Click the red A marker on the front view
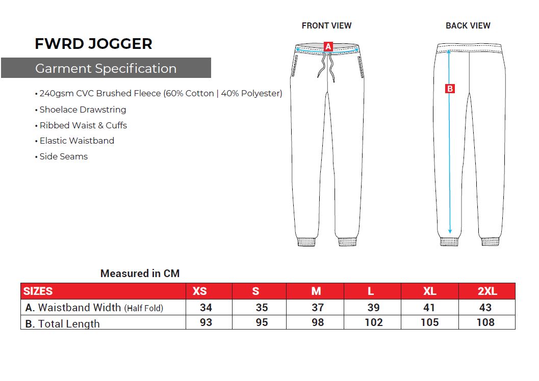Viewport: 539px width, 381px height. (x=328, y=47)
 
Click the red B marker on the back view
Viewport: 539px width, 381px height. (x=450, y=89)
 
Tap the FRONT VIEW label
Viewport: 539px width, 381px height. (x=326, y=26)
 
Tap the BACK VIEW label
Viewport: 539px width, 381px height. (x=468, y=26)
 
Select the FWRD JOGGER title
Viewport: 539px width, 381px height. (x=93, y=44)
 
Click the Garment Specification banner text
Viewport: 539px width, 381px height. (x=106, y=68)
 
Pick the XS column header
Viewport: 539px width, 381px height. (x=200, y=291)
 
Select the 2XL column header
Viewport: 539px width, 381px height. (x=487, y=291)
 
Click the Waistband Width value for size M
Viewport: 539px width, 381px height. (x=318, y=307)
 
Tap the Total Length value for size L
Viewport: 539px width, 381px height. (x=374, y=322)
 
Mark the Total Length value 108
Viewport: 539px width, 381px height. (x=485, y=322)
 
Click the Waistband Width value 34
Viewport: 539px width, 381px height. (x=206, y=307)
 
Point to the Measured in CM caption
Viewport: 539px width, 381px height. (x=140, y=274)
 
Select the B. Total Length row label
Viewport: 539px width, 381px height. (x=63, y=323)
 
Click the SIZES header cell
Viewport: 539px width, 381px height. (x=38, y=291)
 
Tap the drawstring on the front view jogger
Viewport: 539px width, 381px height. (x=326, y=67)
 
